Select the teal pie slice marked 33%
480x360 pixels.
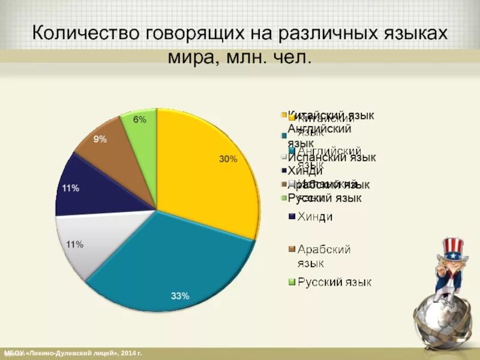[x=174, y=264]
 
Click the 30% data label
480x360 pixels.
[x=228, y=160]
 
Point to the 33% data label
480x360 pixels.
[x=180, y=296]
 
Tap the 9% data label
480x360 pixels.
[x=100, y=139]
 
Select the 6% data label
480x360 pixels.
[x=139, y=119]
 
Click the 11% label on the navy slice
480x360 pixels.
[x=71, y=188]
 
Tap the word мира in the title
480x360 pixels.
[x=191, y=58]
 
